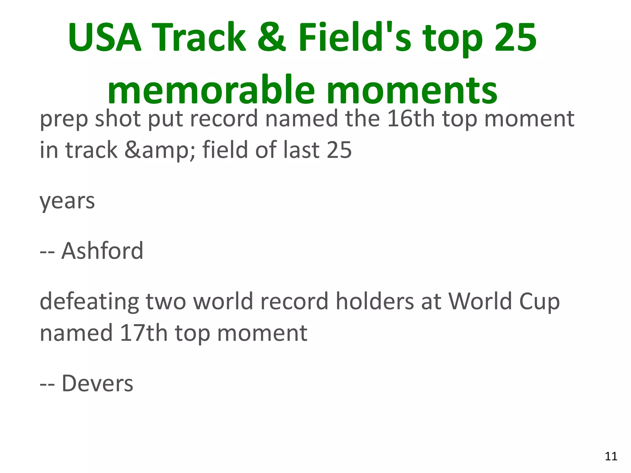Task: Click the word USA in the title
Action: (105, 38)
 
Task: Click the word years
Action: (67, 202)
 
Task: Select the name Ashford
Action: (102, 251)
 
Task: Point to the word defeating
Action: (89, 302)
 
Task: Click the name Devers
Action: (97, 384)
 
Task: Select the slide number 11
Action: (611, 456)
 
